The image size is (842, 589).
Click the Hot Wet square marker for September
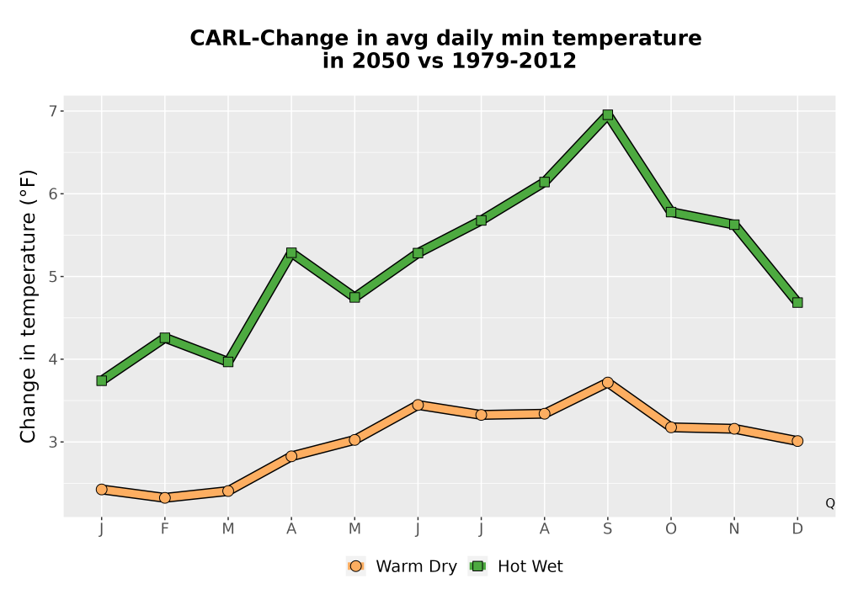[x=607, y=114]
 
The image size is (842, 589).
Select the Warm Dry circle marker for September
[x=607, y=383]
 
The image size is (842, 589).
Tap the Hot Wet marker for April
[x=291, y=252]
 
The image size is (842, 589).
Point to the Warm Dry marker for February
[x=165, y=498]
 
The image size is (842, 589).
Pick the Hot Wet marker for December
[x=797, y=303]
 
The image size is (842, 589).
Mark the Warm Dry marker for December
[x=797, y=441]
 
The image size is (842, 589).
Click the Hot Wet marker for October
[x=671, y=212]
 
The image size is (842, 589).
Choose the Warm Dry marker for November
[x=734, y=428]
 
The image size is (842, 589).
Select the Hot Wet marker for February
[x=165, y=337]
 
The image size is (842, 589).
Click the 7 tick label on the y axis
[x=53, y=111]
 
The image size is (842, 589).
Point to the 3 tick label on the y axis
[x=53, y=442]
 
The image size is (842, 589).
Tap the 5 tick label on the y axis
[x=53, y=277]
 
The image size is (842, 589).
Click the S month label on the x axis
[x=607, y=529]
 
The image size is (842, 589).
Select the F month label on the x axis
[x=165, y=529]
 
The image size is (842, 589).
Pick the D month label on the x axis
[x=797, y=529]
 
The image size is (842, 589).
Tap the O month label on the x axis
[x=671, y=529]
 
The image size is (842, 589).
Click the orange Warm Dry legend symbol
[x=355, y=566]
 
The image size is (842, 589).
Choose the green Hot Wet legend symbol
[x=477, y=566]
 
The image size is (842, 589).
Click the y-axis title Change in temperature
[x=28, y=306]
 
